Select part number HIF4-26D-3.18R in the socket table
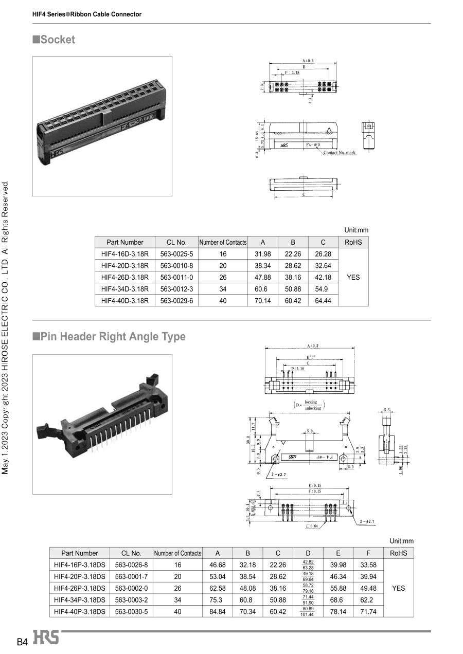coord(125,277)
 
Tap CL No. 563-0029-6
coord(176,301)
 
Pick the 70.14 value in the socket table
coord(263,301)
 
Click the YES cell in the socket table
coord(353,277)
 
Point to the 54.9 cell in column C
coord(323,289)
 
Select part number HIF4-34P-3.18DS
coord(80,600)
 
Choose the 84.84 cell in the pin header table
coord(218,611)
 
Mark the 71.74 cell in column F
coord(369,611)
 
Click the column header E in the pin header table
coord(338,553)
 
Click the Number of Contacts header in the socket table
coord(223,242)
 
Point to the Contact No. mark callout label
coord(340,153)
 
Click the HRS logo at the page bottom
coord(46,638)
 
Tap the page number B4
coord(22,642)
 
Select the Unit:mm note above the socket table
coord(356,230)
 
